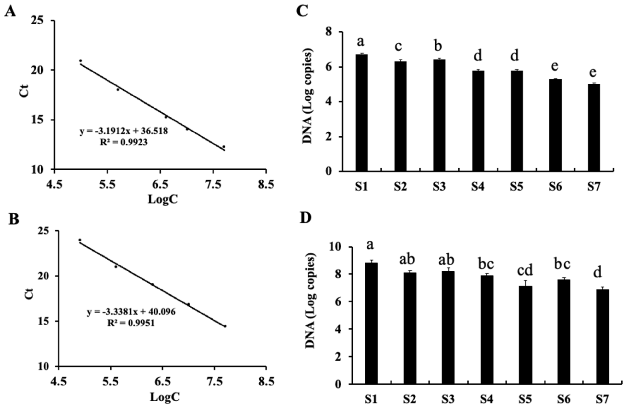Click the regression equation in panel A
[124, 131]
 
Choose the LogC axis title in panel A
[163, 200]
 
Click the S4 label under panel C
[478, 187]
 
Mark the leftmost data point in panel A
[81, 61]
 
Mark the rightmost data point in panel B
[225, 326]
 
